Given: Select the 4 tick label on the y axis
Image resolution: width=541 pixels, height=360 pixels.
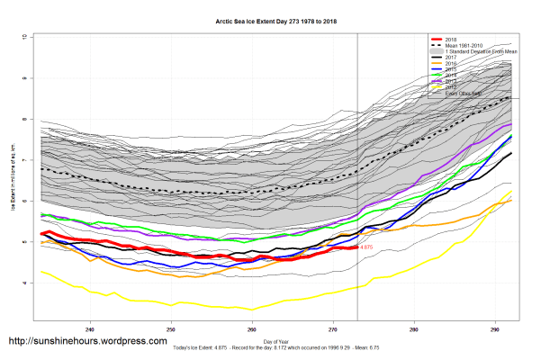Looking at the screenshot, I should click(23, 283).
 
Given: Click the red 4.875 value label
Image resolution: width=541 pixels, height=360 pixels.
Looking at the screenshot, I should click(368, 247).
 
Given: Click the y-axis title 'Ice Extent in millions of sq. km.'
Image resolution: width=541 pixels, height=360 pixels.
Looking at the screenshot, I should click(14, 179).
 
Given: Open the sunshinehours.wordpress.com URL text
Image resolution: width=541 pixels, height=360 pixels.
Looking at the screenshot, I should click(87, 342).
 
